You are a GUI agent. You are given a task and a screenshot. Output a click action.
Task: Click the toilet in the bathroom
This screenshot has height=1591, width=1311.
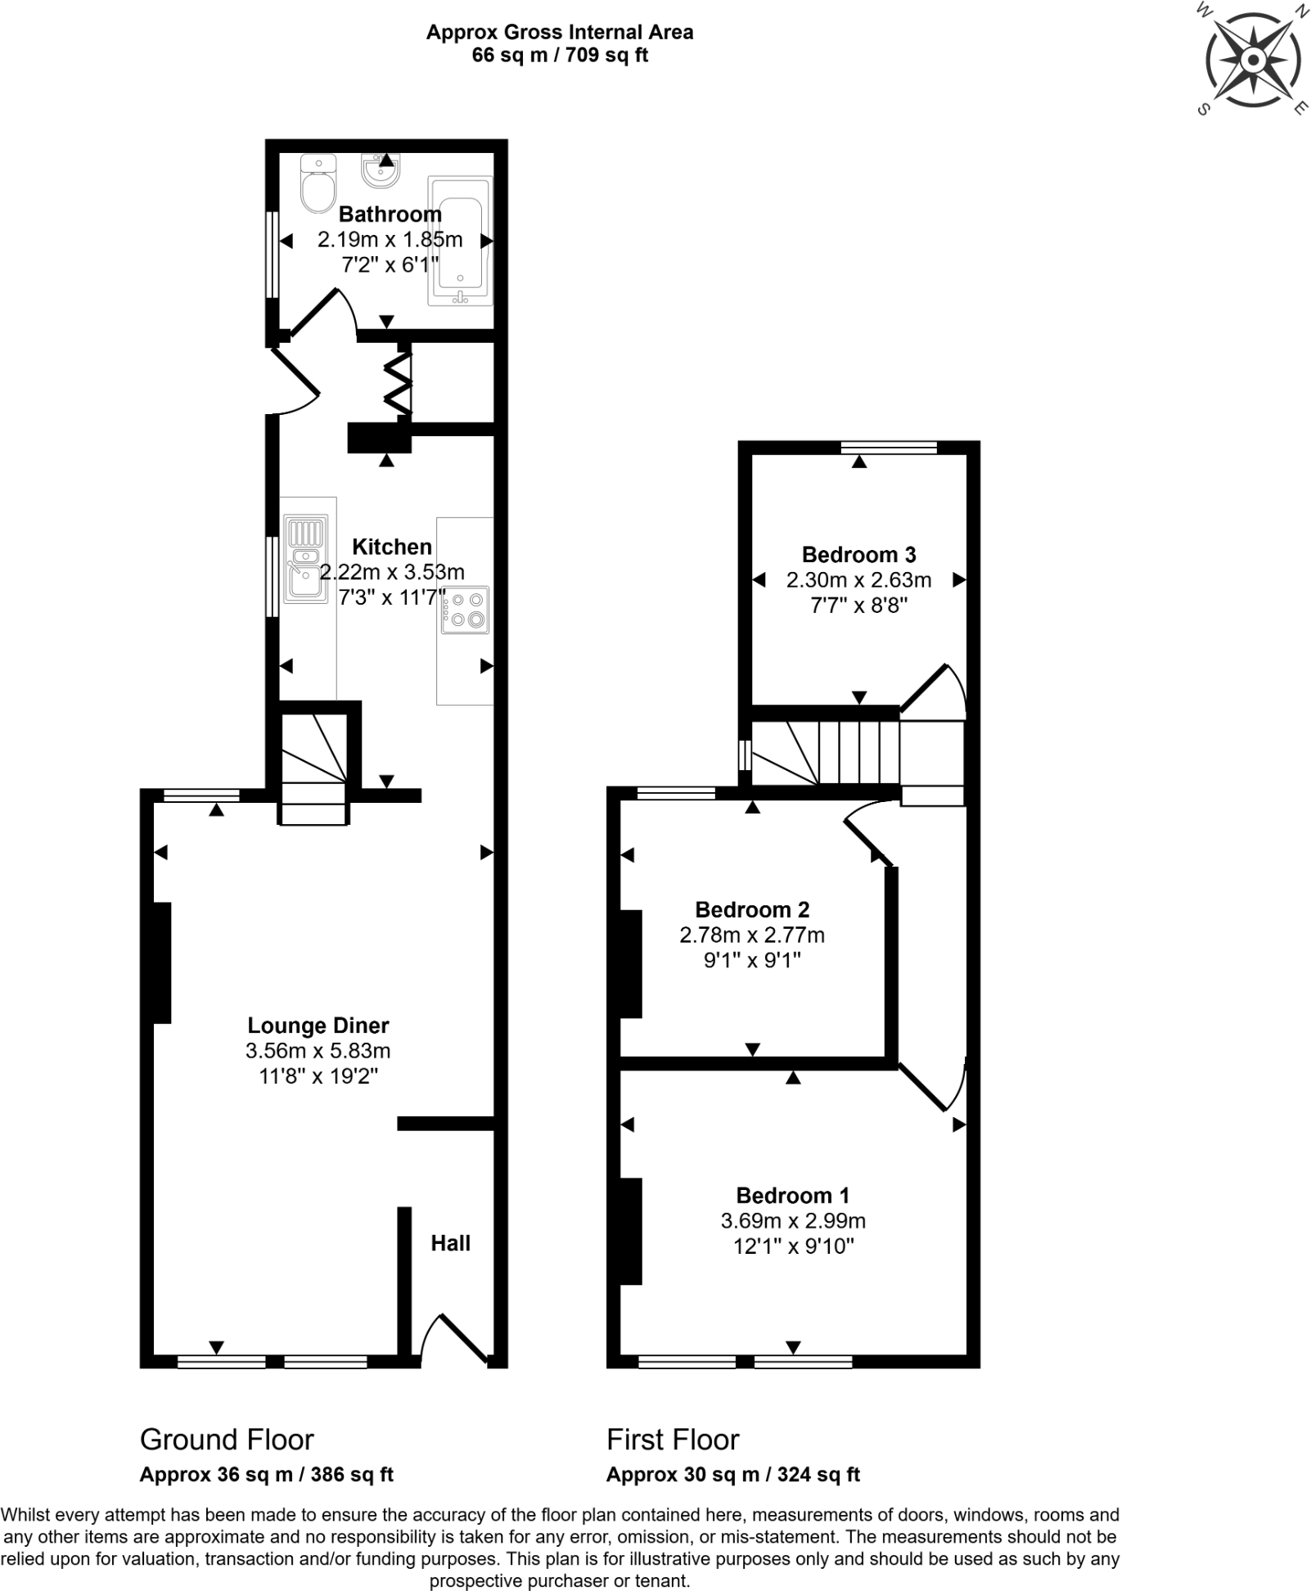coord(318,185)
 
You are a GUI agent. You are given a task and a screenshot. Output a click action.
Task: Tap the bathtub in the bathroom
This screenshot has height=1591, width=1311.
coord(461,241)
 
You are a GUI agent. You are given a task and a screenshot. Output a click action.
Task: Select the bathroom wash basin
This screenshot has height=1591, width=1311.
coord(380,170)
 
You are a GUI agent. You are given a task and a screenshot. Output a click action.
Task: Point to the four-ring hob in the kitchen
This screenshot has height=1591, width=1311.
coord(465,610)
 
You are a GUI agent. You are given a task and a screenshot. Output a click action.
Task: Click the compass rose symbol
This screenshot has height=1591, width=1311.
coord(1253,61)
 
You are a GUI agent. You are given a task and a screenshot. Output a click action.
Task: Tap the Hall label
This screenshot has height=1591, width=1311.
coord(450,1243)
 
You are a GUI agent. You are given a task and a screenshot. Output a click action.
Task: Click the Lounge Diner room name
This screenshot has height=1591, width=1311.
coord(318,1025)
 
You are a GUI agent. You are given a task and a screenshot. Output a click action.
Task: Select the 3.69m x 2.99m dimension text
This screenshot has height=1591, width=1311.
coord(792,1221)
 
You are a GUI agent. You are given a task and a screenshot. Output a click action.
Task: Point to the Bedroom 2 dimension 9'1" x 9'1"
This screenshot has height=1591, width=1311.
coord(752,959)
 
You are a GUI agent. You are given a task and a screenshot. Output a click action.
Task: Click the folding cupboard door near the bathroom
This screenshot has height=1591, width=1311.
coord(399,382)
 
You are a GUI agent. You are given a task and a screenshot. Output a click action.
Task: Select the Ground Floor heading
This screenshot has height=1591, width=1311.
coord(227,1439)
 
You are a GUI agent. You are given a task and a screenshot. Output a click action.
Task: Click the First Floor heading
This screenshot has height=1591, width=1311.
coord(673,1439)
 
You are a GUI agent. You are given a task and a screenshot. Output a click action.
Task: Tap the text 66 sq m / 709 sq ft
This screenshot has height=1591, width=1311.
coord(560,56)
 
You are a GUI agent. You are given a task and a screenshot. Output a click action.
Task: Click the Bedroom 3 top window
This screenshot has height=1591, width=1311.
coord(889,447)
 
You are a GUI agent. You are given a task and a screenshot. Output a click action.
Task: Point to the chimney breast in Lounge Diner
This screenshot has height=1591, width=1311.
coord(162,962)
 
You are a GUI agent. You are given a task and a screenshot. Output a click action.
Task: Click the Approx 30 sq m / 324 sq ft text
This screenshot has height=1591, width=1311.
coord(732,1475)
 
